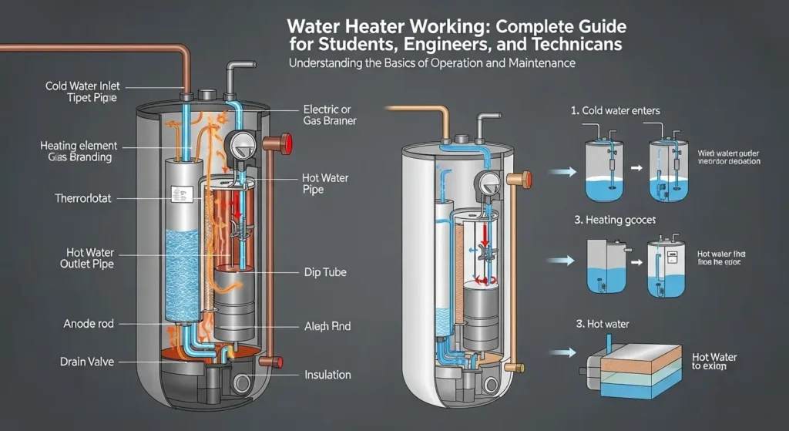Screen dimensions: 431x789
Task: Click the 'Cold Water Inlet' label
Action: pyautogui.click(x=83, y=86)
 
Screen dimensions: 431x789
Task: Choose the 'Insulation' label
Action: pyautogui.click(x=327, y=375)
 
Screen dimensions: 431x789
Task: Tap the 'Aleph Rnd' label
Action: pyautogui.click(x=327, y=326)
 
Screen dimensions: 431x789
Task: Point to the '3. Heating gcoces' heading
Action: pyautogui.click(x=616, y=221)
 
